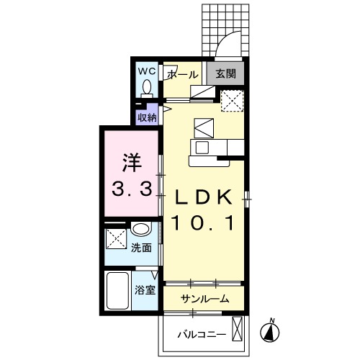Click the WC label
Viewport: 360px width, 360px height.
click(147, 71)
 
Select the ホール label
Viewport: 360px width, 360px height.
click(183, 75)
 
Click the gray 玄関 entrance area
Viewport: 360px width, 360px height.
click(225, 73)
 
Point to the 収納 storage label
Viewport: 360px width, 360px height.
click(147, 117)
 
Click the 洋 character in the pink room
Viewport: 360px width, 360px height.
click(132, 163)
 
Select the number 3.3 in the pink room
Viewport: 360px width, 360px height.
click(132, 189)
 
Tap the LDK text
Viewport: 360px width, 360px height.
click(204, 197)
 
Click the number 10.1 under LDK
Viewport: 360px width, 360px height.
click(203, 223)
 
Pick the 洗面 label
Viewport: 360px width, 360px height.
click(141, 248)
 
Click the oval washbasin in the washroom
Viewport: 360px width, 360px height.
click(141, 228)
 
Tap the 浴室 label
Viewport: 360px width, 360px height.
click(145, 290)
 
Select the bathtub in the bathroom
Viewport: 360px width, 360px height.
click(117, 291)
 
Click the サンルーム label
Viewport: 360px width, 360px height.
click(204, 299)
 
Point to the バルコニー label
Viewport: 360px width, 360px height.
click(202, 334)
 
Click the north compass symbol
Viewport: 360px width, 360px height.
click(270, 332)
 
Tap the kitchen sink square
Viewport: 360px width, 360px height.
click(202, 148)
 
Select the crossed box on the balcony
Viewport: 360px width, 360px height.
click(238, 328)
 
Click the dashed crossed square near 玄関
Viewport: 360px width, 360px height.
click(232, 101)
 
